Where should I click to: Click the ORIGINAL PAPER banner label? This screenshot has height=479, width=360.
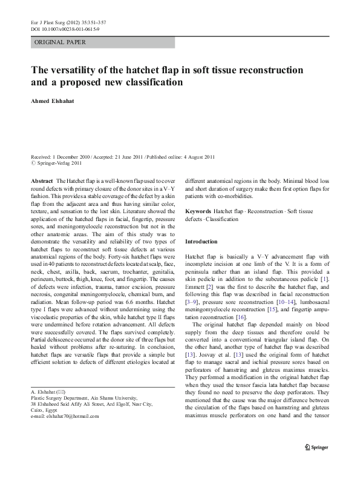coord(59,42)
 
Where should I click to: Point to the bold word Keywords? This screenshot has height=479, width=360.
coord(198,211)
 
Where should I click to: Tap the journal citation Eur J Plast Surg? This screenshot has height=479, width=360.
coord(48,21)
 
